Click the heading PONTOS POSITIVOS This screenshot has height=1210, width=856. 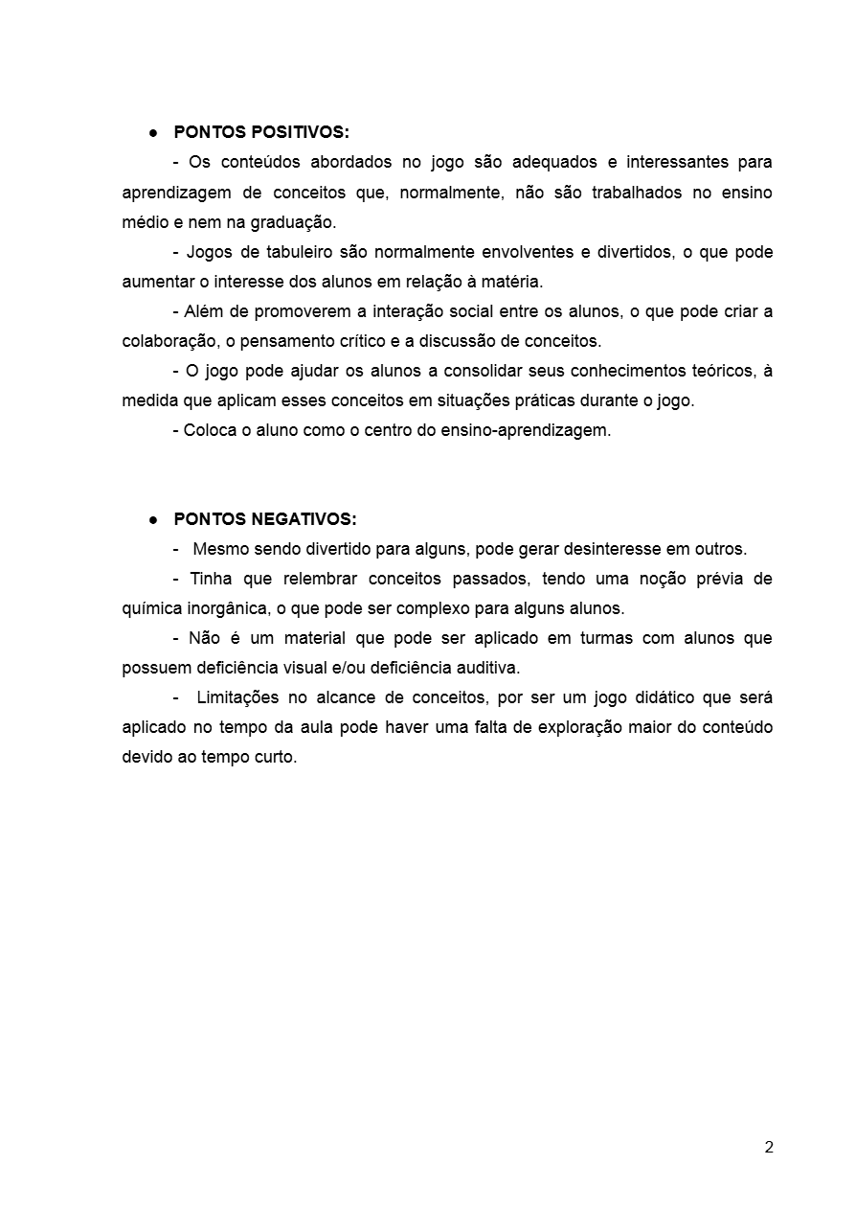pos(261,132)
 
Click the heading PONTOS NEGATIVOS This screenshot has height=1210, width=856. pos(265,519)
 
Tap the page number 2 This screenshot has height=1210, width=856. pos(769,1148)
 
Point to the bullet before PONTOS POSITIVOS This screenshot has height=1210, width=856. pos(152,132)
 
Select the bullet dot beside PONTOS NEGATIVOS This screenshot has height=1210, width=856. pos(152,519)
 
